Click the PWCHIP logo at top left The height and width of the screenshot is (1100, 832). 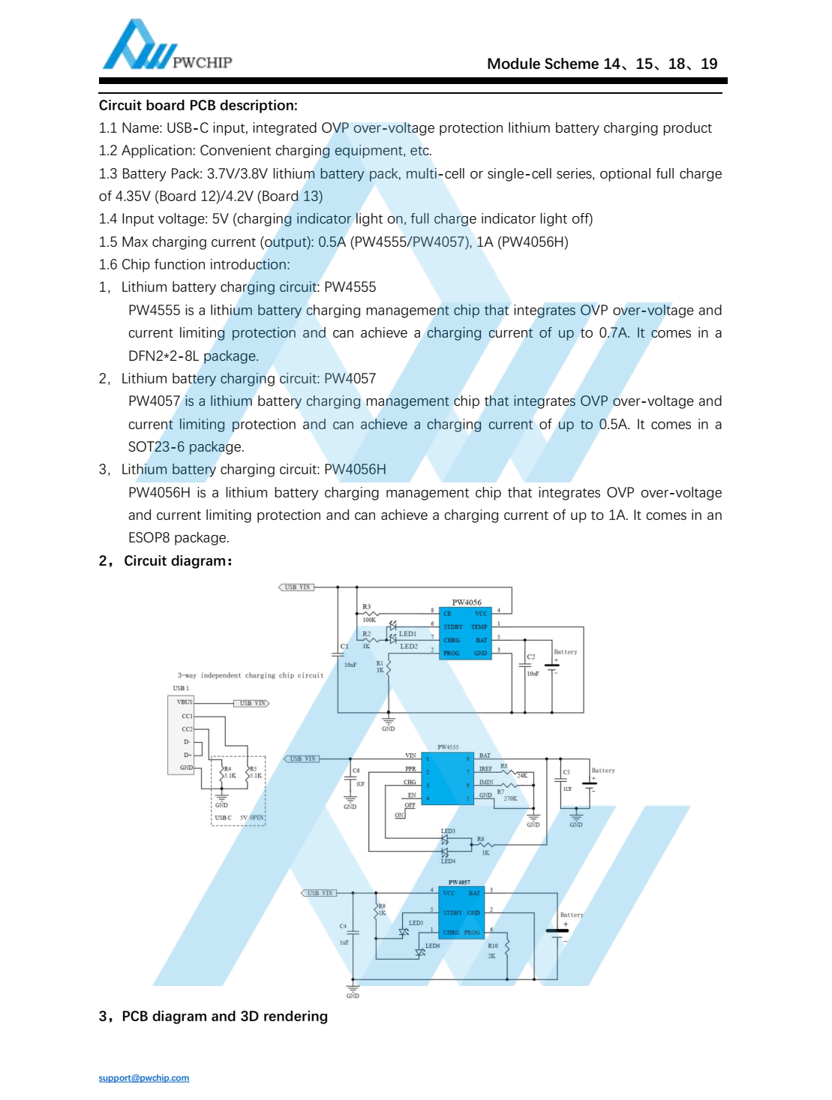tap(167, 47)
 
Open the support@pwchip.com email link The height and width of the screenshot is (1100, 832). tap(144, 1078)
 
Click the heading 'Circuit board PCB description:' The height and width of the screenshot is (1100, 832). tap(198, 106)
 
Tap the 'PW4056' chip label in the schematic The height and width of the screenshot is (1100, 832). tap(467, 603)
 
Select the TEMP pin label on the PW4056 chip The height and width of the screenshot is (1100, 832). tap(479, 627)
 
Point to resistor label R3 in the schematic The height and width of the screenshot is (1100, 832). tap(367, 606)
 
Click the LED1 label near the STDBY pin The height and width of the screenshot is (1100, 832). tap(407, 634)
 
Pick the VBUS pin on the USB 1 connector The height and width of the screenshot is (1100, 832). tap(185, 702)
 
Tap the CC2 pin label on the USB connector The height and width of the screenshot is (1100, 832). tap(187, 729)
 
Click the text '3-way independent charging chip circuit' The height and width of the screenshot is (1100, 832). tap(251, 675)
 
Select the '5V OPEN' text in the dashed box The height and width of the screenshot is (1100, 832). tap(252, 817)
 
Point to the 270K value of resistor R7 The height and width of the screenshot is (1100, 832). tap(510, 798)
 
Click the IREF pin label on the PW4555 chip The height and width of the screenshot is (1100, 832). tap(486, 768)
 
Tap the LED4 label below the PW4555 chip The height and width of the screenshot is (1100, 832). tap(448, 861)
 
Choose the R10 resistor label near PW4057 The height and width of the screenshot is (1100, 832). tap(493, 945)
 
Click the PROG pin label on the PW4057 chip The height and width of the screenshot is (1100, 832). tap(472, 933)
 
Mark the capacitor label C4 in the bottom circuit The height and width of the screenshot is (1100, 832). tap(343, 926)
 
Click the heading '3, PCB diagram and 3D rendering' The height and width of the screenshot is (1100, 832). tap(213, 1017)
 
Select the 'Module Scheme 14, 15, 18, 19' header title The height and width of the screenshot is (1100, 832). tap(602, 64)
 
